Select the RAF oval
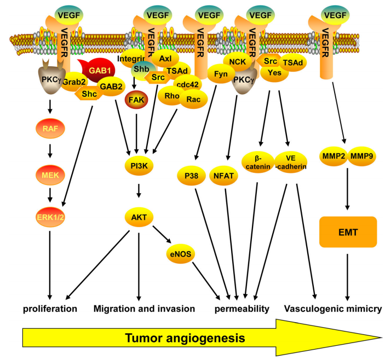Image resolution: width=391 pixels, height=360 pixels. (x=50, y=129)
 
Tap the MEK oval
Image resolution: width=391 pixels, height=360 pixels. (x=50, y=175)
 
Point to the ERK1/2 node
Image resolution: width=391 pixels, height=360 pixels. (x=50, y=217)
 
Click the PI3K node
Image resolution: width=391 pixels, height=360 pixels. (x=139, y=166)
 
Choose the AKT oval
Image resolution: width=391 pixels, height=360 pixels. (x=139, y=217)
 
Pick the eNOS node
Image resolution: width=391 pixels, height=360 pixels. (x=181, y=254)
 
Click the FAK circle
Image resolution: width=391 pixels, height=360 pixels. (x=136, y=100)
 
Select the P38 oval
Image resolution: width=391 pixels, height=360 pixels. (x=191, y=176)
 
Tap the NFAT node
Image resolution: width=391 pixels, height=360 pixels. (x=223, y=176)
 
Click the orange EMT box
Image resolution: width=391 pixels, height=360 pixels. (x=348, y=232)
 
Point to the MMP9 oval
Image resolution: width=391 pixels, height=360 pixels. (x=362, y=156)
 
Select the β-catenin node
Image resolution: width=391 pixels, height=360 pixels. (x=257, y=162)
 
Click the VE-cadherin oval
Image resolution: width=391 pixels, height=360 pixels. (x=291, y=162)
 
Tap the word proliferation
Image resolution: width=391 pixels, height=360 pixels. (x=50, y=309)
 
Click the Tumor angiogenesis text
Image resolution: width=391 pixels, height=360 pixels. (x=185, y=338)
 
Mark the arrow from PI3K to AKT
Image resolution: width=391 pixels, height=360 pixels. (x=139, y=190)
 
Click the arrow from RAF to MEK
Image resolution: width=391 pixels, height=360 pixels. (x=50, y=151)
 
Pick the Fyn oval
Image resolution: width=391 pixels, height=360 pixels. (x=221, y=74)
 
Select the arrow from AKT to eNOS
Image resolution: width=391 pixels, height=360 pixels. (x=162, y=234)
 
